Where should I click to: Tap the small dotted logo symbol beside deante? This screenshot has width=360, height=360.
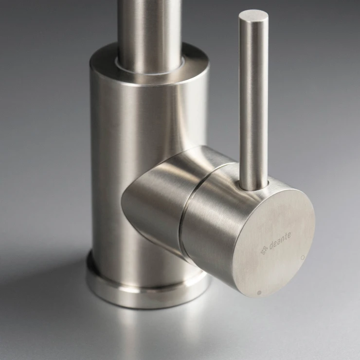coord(264,251)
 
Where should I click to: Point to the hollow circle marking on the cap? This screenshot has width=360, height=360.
coord(303,258)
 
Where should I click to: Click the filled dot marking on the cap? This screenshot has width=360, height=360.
coord(259,293)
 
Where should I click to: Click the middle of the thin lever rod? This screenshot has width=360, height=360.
coord(253,101)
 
